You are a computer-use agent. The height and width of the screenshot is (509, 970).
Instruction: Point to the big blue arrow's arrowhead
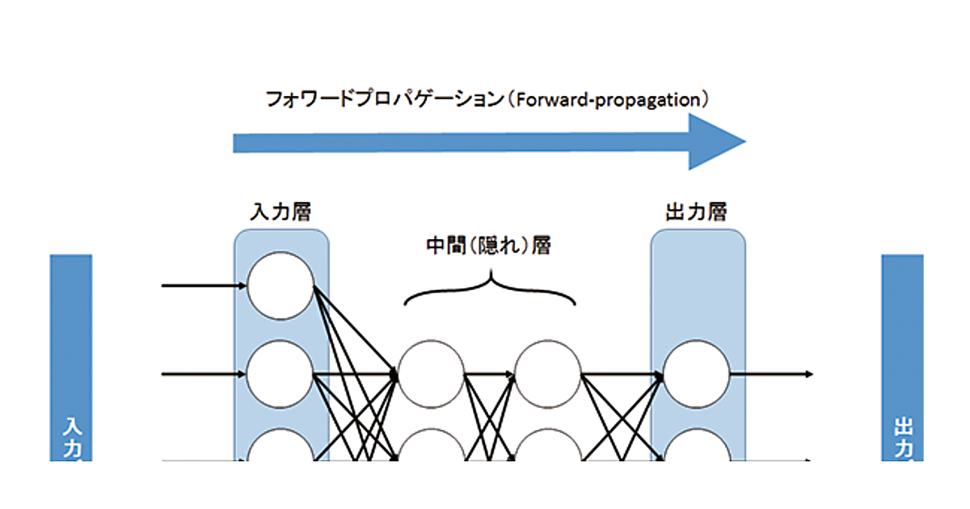pyautogui.click(x=715, y=141)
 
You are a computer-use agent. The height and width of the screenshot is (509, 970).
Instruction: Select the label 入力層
pyautogui.click(x=280, y=212)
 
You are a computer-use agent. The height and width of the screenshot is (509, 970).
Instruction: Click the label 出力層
pyautogui.click(x=696, y=212)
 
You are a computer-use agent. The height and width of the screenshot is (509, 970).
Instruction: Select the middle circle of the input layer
pyautogui.click(x=280, y=374)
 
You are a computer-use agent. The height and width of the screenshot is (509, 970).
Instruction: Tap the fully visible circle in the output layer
pyautogui.click(x=696, y=374)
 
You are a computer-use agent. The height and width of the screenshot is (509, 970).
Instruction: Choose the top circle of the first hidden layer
pyautogui.click(x=431, y=374)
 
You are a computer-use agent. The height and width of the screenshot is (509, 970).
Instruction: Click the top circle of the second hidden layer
pyautogui.click(x=548, y=374)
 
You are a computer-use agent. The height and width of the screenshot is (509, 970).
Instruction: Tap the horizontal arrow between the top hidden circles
pyautogui.click(x=490, y=374)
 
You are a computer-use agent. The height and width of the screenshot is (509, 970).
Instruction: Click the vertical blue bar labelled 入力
pyautogui.click(x=71, y=355)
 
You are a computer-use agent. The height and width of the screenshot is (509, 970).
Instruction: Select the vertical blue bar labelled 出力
pyautogui.click(x=902, y=355)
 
